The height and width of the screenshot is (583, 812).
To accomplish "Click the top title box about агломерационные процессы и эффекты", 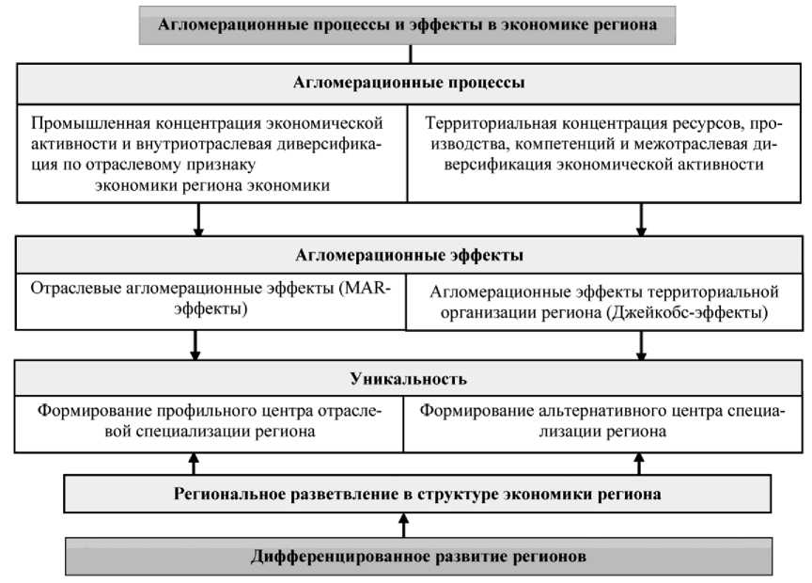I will (407, 24).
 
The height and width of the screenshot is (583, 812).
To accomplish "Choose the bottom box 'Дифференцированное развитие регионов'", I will (418, 557).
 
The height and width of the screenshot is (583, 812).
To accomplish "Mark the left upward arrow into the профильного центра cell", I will (195, 463).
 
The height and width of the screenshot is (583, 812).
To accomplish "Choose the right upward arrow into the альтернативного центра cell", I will (641, 463).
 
